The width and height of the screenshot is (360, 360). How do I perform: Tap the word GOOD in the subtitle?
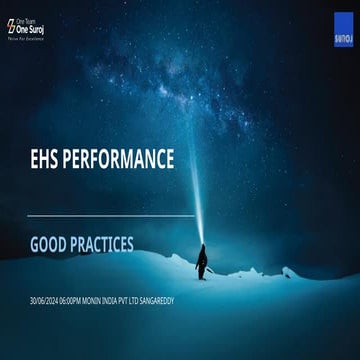[51, 243]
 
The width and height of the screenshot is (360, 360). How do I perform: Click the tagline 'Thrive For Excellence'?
[28, 41]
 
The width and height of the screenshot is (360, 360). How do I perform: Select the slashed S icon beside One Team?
[12, 27]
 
